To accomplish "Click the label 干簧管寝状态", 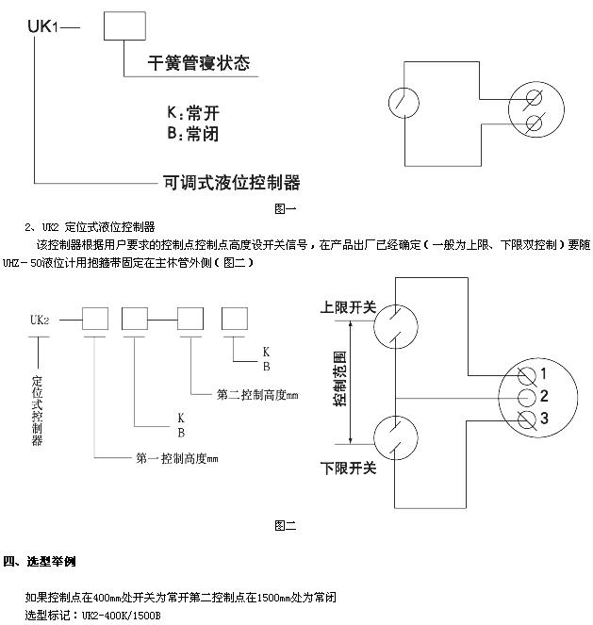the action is [x=199, y=63].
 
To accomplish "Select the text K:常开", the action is [x=193, y=113].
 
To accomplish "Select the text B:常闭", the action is [x=193, y=134].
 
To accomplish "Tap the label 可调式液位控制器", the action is [x=232, y=183].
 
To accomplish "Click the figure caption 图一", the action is [x=286, y=208].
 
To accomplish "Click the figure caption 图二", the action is [x=286, y=526].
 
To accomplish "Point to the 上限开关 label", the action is [x=348, y=307].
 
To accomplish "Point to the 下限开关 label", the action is [x=348, y=469].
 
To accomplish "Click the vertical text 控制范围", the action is [x=340, y=379].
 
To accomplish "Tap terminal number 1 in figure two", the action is [x=544, y=374].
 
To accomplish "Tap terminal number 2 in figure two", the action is [x=544, y=396].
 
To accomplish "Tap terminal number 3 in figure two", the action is [x=544, y=419].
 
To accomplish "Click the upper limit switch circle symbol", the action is [x=374, y=327].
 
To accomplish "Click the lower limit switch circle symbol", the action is [x=374, y=437].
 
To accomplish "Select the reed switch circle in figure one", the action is [x=389, y=103].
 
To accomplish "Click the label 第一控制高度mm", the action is [x=177, y=458].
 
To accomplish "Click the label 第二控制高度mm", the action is [x=257, y=395].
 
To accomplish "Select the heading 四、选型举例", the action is [x=39, y=561].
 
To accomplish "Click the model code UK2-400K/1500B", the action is [x=121, y=616].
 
